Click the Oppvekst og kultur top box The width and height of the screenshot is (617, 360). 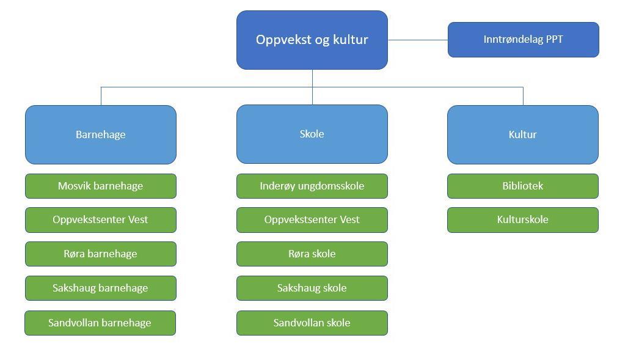pos(312,40)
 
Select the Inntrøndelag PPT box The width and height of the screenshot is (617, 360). pos(524,40)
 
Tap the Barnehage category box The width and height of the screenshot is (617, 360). pos(101,134)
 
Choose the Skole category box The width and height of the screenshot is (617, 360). pos(312,134)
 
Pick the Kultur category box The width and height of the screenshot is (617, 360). pos(523,134)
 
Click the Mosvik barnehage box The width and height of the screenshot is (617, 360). pos(101,186)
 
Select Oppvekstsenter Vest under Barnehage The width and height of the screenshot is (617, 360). pos(101,220)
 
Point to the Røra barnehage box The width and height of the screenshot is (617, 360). pos(101,254)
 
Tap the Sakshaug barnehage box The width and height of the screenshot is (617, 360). pos(101,288)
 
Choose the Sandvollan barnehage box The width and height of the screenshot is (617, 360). pos(100,323)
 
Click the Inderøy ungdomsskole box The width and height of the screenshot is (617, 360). pos(312,186)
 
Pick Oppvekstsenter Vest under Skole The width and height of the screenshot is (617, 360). pos(312,220)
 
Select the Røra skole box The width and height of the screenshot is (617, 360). pos(312,254)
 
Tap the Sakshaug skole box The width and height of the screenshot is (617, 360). pos(312,288)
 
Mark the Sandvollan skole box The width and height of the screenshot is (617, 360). pos(312,323)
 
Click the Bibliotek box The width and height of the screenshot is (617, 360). pos(523,186)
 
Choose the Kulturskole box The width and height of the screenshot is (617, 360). pos(523,220)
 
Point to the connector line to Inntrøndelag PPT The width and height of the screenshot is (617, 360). pos(418,40)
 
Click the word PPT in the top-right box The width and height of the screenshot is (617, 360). pos(555,39)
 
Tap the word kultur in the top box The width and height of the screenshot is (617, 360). pos(351,39)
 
